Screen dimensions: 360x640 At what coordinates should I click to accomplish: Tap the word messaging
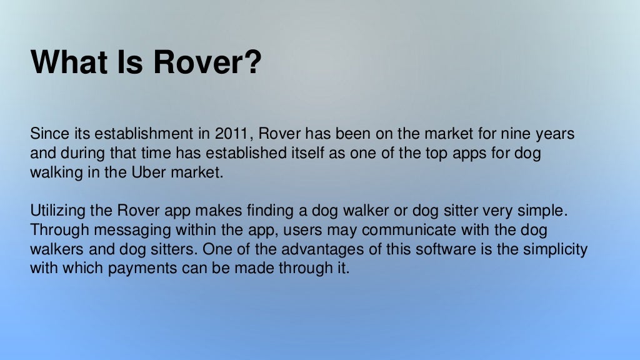click(131, 231)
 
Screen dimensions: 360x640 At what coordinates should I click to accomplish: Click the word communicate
click(402, 230)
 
